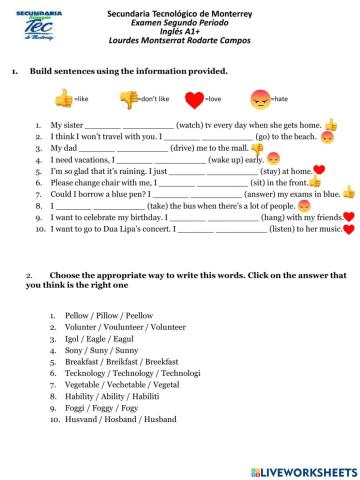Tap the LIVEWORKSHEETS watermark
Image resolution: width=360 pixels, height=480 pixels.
(x=300, y=469)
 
